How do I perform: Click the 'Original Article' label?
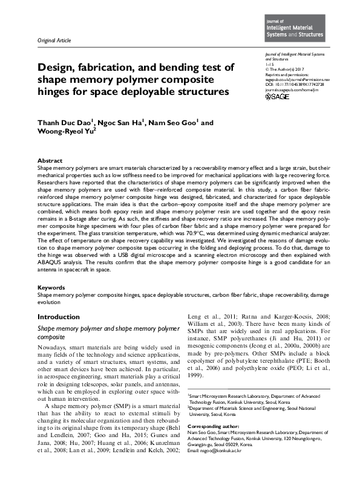pyautogui.click(x=54, y=41)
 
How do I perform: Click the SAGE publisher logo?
pyautogui.click(x=278, y=96)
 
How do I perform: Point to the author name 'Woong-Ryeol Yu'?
pyautogui.click(x=69, y=134)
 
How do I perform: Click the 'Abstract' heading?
pyautogui.click(x=49, y=160)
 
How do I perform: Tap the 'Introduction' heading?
pyautogui.click(x=58, y=317)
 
